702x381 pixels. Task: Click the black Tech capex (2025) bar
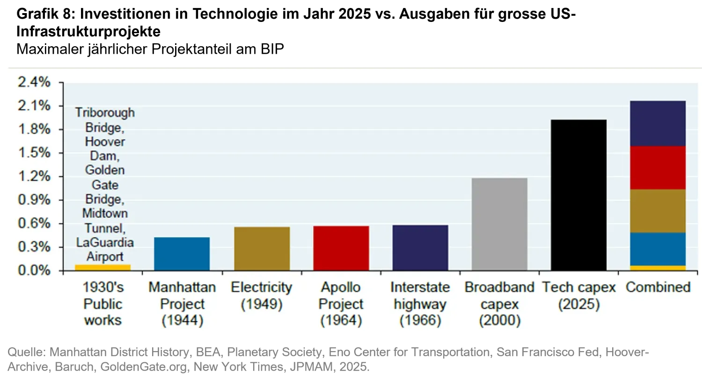[x=578, y=195]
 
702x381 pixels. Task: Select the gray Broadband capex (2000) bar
[x=499, y=224]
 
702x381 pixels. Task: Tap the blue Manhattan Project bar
[x=182, y=254]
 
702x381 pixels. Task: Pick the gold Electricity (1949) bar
[x=262, y=249]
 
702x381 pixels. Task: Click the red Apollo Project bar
[x=341, y=248]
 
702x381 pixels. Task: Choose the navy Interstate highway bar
[x=420, y=248]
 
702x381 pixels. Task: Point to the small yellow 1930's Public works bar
[x=103, y=267]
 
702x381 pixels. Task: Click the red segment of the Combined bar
[x=658, y=168]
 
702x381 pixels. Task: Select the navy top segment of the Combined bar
[x=658, y=123]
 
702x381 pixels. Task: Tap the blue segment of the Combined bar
[x=658, y=249]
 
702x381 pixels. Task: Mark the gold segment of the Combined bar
[x=658, y=211]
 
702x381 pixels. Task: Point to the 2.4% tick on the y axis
[x=34, y=82]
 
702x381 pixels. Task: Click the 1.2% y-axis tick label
[x=34, y=177]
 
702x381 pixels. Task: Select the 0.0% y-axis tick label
[x=34, y=271]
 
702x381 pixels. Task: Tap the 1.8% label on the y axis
[x=34, y=129]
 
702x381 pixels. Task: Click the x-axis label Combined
[x=658, y=287]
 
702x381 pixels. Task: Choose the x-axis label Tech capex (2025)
[x=578, y=295]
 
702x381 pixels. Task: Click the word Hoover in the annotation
[x=105, y=142]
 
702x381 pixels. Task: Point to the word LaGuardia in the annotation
[x=105, y=243]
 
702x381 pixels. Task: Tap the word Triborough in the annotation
[x=105, y=113]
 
